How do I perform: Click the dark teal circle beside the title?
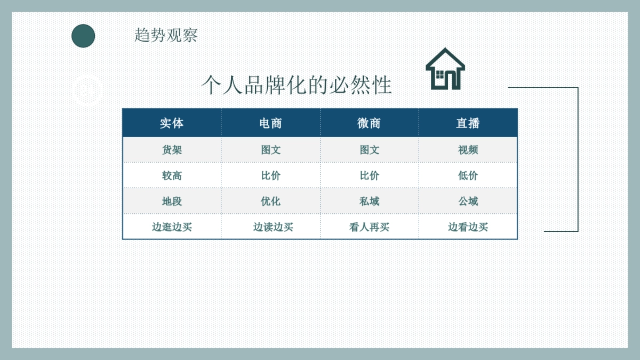coord(83,36)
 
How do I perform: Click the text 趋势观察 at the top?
coord(166,35)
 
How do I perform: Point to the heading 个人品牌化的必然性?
coord(297,85)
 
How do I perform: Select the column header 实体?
coord(172,123)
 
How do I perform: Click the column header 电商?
coord(270,123)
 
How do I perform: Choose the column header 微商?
coord(369,123)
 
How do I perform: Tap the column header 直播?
coord(468,123)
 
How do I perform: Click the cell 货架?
coord(172,150)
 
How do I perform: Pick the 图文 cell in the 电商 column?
coord(270,150)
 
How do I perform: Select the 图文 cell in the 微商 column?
coord(369,150)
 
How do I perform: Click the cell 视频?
coord(468,150)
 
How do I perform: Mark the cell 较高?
coord(172,175)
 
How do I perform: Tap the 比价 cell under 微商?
coord(369,175)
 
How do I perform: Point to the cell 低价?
coord(468,175)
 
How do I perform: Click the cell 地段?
coord(172,201)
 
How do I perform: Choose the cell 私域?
coord(369,201)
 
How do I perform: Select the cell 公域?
coord(468,201)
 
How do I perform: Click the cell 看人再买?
coord(369,227)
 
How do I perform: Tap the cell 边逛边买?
coord(172,227)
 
